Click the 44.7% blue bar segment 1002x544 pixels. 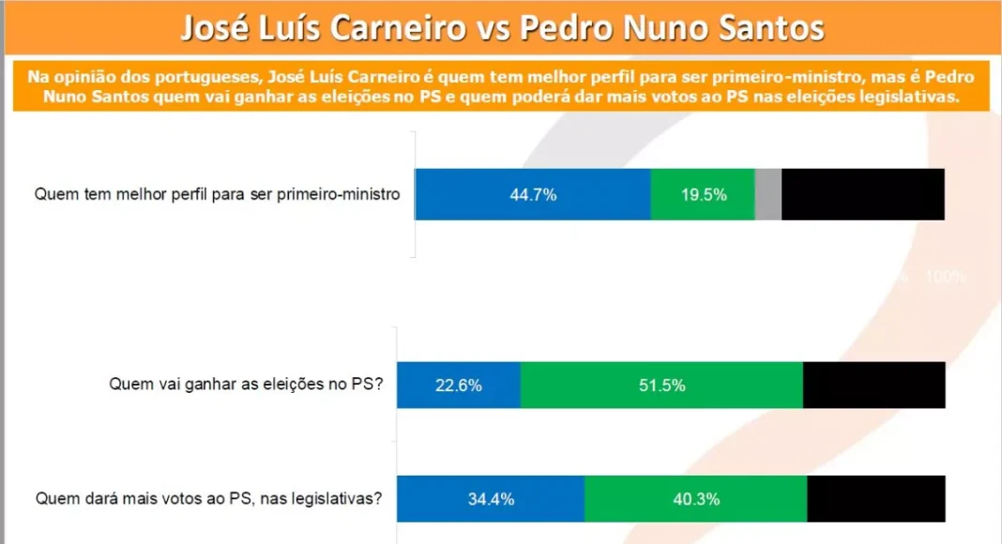click(533, 195)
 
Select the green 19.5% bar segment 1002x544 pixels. click(703, 195)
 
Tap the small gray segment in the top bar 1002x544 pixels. click(768, 195)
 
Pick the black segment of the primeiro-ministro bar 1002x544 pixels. click(863, 195)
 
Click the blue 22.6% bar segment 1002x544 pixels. click(459, 385)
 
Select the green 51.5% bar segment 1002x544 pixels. click(661, 385)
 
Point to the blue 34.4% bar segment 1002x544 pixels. click(491, 499)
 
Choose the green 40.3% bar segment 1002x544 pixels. click(695, 499)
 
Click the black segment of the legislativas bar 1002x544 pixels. click(876, 499)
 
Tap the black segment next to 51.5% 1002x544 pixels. click(874, 385)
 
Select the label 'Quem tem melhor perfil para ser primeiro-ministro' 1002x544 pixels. click(218, 195)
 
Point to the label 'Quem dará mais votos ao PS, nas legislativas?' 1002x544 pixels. click(208, 499)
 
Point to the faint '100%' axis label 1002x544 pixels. click(946, 278)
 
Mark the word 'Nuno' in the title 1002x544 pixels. click(667, 29)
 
